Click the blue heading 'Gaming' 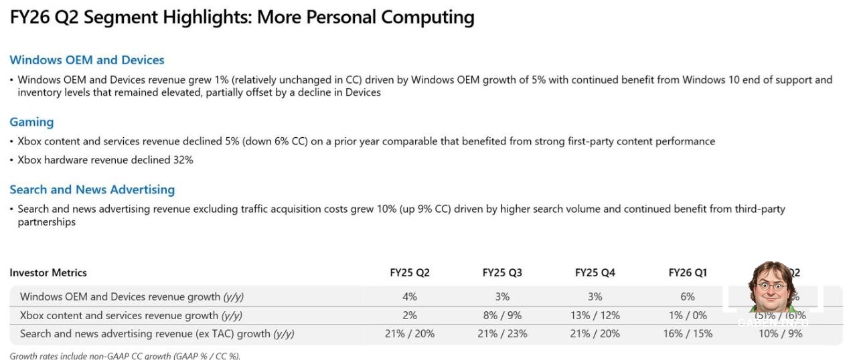(31, 122)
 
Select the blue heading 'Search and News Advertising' (92, 189)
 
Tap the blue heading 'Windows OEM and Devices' (86, 60)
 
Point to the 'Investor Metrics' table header (48, 272)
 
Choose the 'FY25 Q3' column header (502, 272)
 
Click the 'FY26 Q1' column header (687, 272)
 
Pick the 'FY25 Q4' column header (595, 272)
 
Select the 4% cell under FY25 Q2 (410, 296)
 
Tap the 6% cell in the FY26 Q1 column (687, 296)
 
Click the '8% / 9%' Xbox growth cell (502, 315)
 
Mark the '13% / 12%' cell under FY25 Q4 (595, 315)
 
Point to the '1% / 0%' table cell (687, 315)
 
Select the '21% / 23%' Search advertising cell (502, 333)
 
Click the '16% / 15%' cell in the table (687, 333)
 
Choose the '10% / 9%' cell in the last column (779, 333)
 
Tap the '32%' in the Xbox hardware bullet (183, 160)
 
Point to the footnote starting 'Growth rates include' (125, 355)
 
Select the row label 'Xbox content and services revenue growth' (131, 315)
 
